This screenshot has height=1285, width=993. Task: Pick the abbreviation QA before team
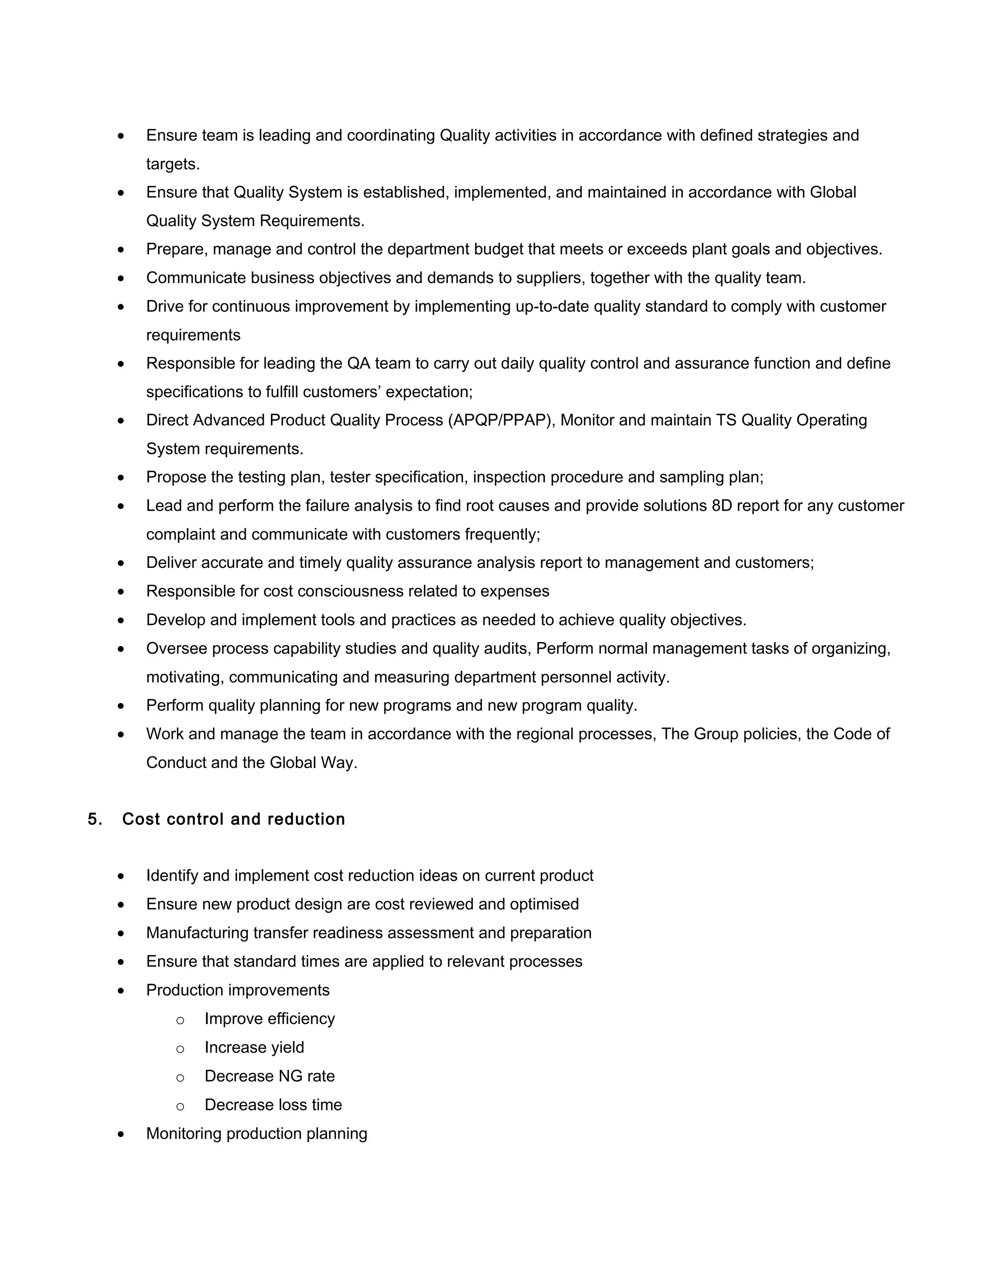[359, 363]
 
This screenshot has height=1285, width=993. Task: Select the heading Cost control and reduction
[234, 819]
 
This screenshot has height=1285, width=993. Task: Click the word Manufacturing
[198, 932]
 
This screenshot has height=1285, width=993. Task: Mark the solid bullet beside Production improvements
[121, 991]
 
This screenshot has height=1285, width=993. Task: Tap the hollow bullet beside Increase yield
[180, 1048]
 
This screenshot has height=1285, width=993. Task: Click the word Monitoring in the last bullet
[184, 1133]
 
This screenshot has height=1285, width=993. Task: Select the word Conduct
[176, 763]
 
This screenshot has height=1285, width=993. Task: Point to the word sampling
[692, 477]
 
